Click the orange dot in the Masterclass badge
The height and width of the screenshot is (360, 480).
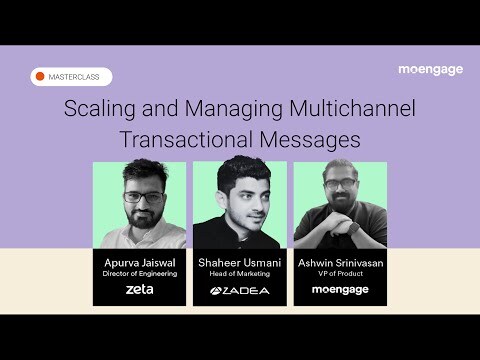pyautogui.click(x=41, y=77)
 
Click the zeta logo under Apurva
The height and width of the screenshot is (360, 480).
pyautogui.click(x=139, y=290)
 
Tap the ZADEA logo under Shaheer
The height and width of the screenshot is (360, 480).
pyautogui.click(x=240, y=291)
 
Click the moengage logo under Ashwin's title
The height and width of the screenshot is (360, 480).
pyautogui.click(x=340, y=290)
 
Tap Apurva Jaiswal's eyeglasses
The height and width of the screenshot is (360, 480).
pyautogui.click(x=139, y=197)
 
